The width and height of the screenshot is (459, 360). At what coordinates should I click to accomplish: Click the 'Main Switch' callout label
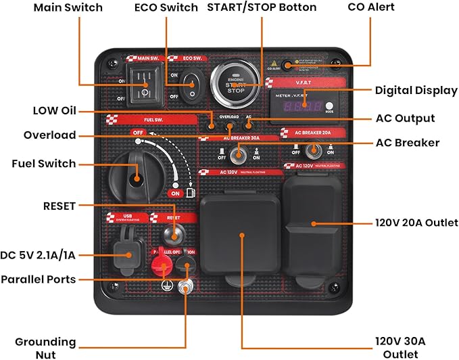coord(68,7)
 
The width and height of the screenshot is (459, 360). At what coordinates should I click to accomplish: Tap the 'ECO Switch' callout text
coord(166,7)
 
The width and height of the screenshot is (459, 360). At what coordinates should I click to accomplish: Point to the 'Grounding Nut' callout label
coord(46,348)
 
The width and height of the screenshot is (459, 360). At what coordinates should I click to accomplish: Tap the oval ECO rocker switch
coord(191,85)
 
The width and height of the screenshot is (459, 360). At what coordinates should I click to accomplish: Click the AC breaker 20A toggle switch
coord(313,150)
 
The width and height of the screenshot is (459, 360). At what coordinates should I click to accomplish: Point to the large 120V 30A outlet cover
coord(241,235)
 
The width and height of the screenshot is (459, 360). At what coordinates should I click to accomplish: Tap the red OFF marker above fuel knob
coord(139,132)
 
